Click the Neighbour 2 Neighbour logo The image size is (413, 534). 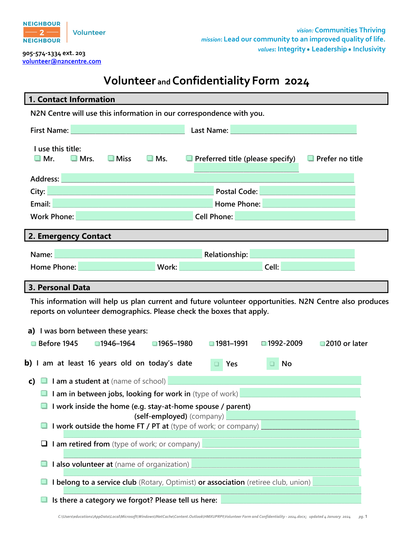click(x=42, y=32)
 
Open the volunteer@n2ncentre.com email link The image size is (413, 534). click(x=62, y=61)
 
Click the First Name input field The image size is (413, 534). click(x=128, y=130)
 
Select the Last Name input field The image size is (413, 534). click(x=293, y=130)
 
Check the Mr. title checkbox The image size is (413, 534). click(x=38, y=158)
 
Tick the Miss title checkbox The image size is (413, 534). click(x=111, y=158)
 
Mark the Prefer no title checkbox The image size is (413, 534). click(x=311, y=158)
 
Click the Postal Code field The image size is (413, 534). click(x=307, y=191)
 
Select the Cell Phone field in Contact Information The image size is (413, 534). click(x=295, y=216)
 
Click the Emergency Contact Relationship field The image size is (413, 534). click(x=302, y=254)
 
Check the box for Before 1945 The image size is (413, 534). click(x=34, y=344)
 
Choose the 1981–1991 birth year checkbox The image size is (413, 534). click(x=212, y=344)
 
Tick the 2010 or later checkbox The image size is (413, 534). click(x=322, y=344)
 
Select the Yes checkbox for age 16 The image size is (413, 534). click(x=217, y=364)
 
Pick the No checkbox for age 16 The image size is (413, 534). click(x=272, y=364)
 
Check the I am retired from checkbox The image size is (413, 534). click(x=44, y=444)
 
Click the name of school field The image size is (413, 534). click(x=264, y=381)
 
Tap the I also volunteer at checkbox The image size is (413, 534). click(x=44, y=464)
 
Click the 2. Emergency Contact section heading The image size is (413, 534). click(x=70, y=236)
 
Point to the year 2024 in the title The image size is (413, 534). click(x=297, y=81)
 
